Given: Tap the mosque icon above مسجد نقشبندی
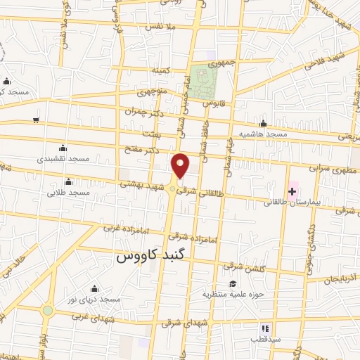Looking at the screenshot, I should pyautogui.click(x=63, y=148).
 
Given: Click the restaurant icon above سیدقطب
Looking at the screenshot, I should pyautogui.click(x=265, y=328).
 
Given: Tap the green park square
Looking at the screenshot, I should pyautogui.click(x=204, y=79).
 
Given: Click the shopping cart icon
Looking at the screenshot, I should pyautogui.click(x=35, y=120).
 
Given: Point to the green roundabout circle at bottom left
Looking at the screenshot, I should pyautogui.click(x=47, y=310).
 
